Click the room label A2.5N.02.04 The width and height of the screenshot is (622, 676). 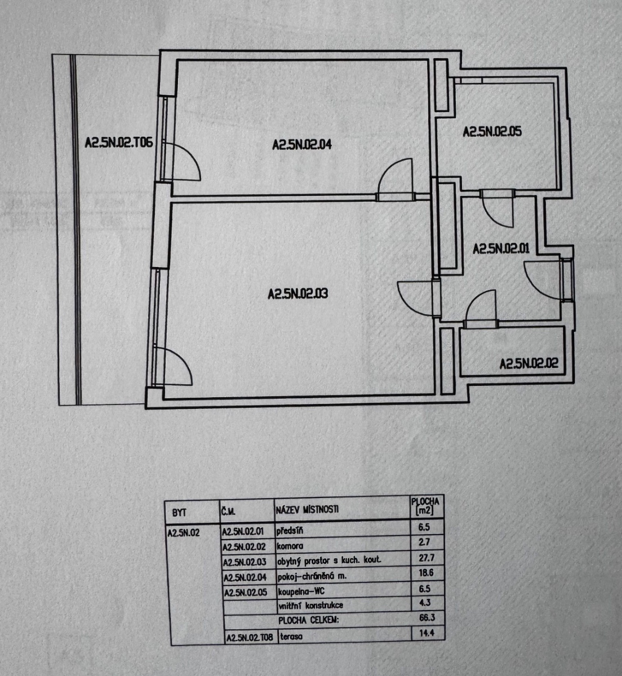(302, 145)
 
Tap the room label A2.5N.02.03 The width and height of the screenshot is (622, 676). (297, 294)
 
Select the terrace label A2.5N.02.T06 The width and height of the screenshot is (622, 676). (119, 143)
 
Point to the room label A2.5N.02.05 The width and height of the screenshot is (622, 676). (492, 131)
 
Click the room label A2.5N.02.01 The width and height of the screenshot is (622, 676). (501, 249)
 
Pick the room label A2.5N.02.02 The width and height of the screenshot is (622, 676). (528, 363)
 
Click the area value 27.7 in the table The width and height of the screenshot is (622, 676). (426, 557)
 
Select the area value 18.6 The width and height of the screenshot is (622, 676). (426, 572)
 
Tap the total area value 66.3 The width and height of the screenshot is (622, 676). (427, 618)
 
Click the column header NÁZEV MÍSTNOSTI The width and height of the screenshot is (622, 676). (307, 510)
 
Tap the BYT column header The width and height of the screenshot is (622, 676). (179, 513)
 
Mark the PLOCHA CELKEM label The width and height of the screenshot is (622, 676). (308, 620)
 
